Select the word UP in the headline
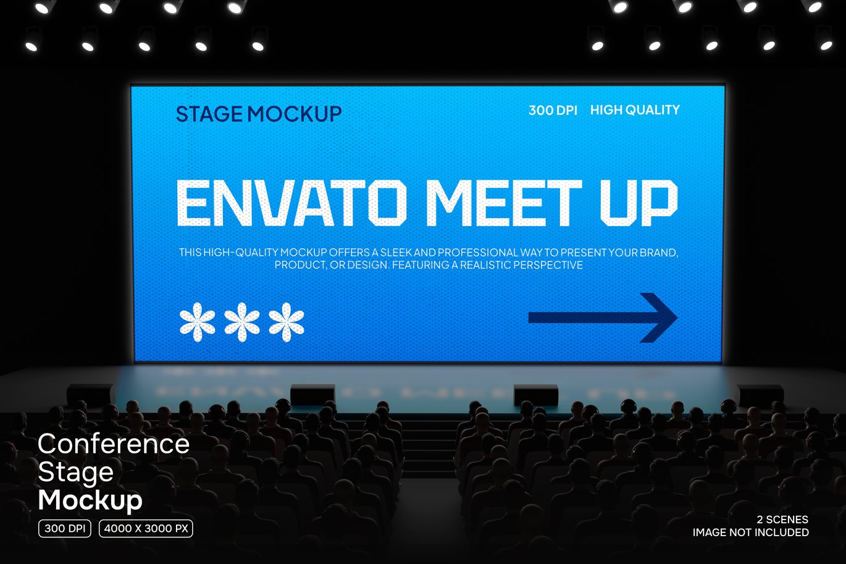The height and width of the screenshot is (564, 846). (x=639, y=203)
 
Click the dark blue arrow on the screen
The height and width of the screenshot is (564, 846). (x=603, y=318)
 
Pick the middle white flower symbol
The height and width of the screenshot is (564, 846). (x=241, y=322)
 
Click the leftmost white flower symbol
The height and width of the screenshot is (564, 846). (x=197, y=322)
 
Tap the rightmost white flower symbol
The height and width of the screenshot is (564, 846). (x=287, y=322)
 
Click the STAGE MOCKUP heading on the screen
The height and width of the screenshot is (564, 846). (x=259, y=114)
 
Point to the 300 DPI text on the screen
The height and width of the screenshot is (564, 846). (x=553, y=111)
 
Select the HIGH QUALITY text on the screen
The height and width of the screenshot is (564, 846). (x=635, y=110)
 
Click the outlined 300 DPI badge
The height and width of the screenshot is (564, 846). (x=65, y=529)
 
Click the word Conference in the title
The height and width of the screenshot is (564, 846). (x=114, y=444)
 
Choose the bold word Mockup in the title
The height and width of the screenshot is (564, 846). (x=90, y=500)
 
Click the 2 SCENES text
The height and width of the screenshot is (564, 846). (x=782, y=520)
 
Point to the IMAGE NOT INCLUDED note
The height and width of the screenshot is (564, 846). (x=750, y=532)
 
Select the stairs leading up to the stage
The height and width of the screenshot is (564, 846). (x=430, y=446)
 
